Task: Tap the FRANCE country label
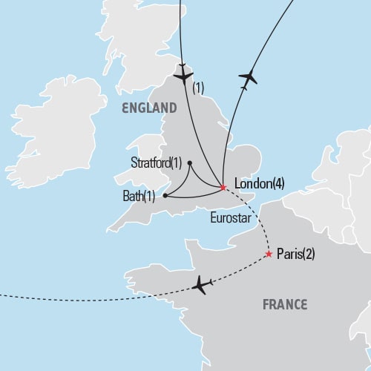pos(285,304)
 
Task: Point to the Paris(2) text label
pos(296,254)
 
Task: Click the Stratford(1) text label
pos(157,163)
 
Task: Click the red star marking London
pos(223,188)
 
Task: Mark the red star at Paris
pos(269,255)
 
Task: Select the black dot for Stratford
pos(190,163)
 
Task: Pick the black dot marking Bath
pos(164,197)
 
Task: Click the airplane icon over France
pos(200,285)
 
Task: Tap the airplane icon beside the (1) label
pos(182,76)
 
